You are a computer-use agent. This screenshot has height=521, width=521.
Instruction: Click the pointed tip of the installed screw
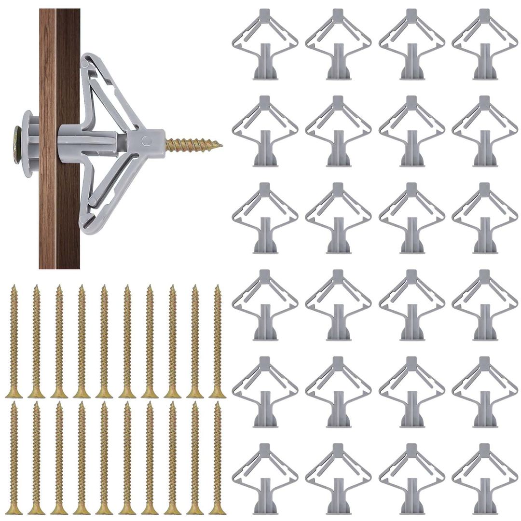point(220,144)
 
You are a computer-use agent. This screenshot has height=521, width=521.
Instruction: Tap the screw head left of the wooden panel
point(17,137)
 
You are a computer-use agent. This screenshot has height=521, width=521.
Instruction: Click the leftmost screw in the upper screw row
point(14,341)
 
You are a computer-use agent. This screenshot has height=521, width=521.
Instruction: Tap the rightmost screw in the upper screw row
point(218,341)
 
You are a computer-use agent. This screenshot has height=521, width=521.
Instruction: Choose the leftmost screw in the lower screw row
point(14,457)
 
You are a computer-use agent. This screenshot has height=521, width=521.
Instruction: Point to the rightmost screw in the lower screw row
point(218,457)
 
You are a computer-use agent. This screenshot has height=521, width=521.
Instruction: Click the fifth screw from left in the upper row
point(104,341)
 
